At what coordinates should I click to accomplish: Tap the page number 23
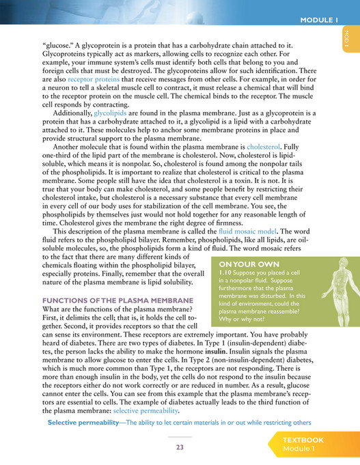(180, 448)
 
